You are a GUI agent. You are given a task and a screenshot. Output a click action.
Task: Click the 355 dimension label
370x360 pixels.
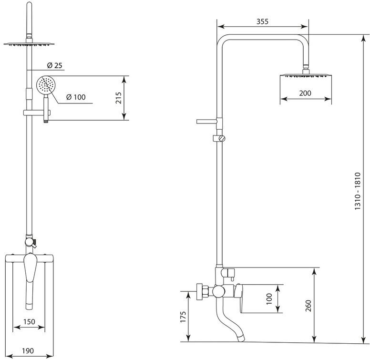coord(262,21)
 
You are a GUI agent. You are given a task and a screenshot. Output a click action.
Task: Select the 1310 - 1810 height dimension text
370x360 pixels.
coord(358,191)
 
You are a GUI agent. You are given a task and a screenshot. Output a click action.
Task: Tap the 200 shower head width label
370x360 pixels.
coord(305,93)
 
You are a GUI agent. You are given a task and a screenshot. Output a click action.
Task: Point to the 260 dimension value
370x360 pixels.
coord(308,306)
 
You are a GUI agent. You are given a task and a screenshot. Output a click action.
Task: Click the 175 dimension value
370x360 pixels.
coord(183,317)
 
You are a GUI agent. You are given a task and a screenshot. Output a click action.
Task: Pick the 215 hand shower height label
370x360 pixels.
coord(118,98)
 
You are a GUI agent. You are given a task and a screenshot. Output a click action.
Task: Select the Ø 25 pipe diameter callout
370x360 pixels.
coord(54,65)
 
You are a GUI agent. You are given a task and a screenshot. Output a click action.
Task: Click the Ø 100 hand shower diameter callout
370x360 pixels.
coord(76,97)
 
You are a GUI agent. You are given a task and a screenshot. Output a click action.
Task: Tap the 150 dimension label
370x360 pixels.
coord(29,321)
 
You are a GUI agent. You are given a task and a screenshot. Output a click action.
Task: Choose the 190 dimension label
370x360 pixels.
coord(28,350)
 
